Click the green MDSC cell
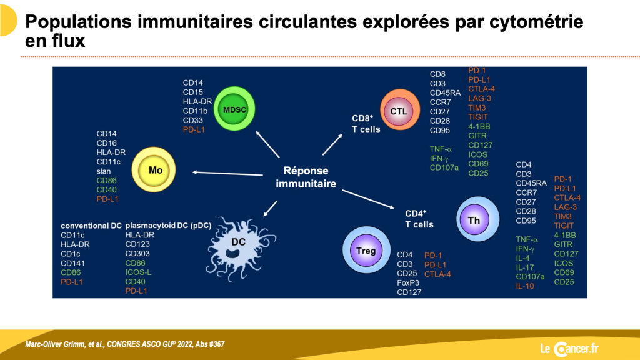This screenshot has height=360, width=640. tap(235, 109)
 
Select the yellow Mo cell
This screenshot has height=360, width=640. tap(154, 170)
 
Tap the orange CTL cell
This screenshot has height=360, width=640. tap(400, 110)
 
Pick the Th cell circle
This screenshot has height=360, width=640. tap(477, 219)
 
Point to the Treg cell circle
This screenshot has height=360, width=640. tap(366, 250)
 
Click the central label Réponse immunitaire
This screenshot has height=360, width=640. tap(306, 177)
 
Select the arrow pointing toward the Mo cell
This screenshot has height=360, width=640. tap(227, 174)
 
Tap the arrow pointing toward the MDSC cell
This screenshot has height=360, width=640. tap(267, 144)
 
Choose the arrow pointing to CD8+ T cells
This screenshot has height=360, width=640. tap(332, 144)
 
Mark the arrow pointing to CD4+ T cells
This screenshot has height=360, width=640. tap(368, 199)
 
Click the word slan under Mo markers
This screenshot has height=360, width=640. tap(104, 171)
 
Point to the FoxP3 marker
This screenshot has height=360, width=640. tap(408, 283)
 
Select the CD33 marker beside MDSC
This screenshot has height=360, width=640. tap(193, 121)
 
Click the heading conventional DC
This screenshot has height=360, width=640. tap(91, 226)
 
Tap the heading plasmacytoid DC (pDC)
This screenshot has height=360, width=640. tap(168, 226)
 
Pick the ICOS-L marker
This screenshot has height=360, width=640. tap(138, 272)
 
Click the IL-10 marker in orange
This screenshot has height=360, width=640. tap(525, 286)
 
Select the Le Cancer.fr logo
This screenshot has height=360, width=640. tap(569, 349)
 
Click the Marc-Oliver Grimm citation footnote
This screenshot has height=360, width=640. tap(125, 344)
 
